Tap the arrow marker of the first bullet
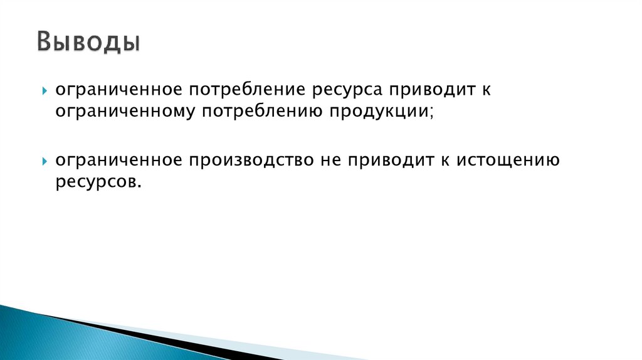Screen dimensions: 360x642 click(45, 92)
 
